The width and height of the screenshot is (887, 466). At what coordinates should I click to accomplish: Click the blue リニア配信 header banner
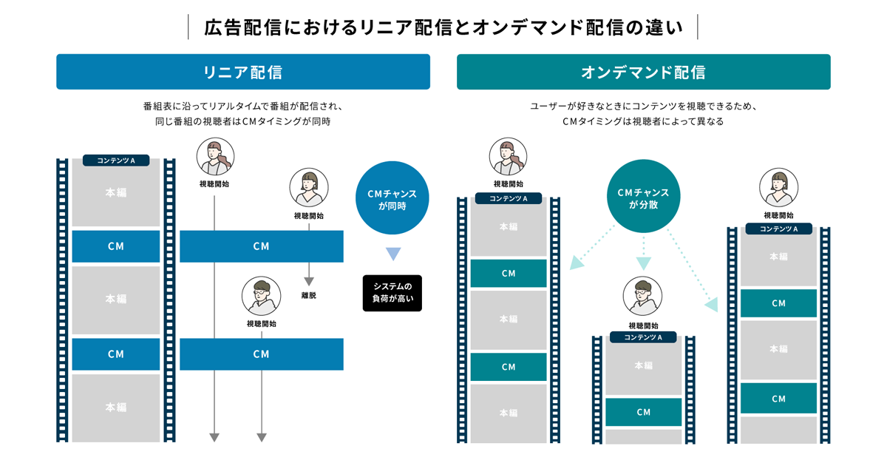(x=243, y=72)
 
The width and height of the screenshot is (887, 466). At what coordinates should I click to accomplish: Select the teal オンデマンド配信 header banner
(x=643, y=72)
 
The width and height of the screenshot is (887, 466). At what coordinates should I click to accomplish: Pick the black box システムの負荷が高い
(x=392, y=293)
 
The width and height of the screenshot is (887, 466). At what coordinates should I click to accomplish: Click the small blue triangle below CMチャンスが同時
(x=392, y=254)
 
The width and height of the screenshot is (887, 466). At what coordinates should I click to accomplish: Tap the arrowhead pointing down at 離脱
(x=309, y=282)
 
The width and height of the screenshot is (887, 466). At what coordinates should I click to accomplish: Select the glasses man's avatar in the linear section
(x=261, y=297)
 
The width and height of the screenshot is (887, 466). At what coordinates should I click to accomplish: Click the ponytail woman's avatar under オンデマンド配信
(x=508, y=157)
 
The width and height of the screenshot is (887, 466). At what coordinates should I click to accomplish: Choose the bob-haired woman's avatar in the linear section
(x=308, y=187)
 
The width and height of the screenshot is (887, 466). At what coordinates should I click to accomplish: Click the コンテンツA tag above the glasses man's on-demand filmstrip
(x=643, y=337)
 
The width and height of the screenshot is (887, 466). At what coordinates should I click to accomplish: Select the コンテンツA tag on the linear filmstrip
(x=116, y=161)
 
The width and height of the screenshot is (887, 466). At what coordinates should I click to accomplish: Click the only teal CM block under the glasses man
(x=643, y=412)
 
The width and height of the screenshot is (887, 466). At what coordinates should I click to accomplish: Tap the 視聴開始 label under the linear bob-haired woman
(x=308, y=216)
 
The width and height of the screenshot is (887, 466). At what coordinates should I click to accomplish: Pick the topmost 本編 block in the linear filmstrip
(x=116, y=192)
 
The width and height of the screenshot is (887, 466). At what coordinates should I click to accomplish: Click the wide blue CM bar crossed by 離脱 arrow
(x=261, y=246)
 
